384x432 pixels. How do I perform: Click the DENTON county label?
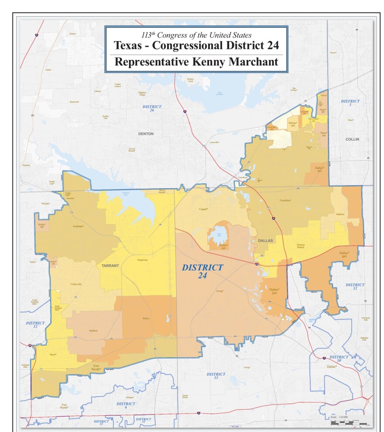coord(146,134)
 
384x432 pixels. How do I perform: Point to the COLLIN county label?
coord(352,139)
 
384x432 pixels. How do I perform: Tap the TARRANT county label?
coord(110,265)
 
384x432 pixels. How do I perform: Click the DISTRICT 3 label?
coord(350,103)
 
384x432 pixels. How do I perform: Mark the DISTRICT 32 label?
coord(355,287)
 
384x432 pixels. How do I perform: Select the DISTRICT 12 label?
coord(35,325)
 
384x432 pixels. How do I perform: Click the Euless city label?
coord(146,318)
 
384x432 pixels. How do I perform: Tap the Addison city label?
coord(340,214)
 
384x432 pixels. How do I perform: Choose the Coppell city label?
coord(203,209)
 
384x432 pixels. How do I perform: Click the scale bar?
coord(349,423)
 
